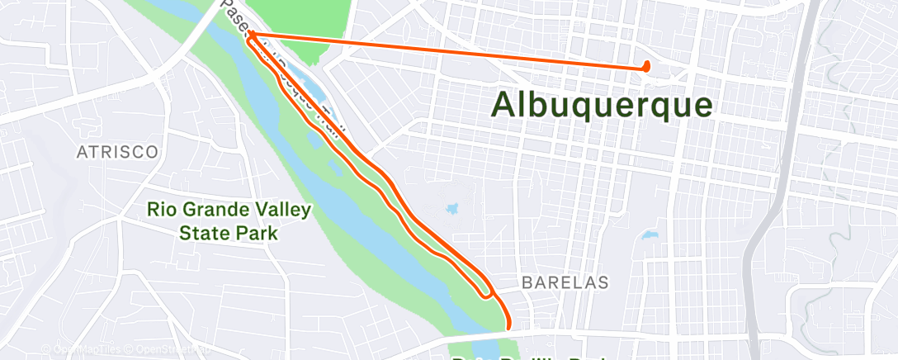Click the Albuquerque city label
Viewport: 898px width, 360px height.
coord(603,105)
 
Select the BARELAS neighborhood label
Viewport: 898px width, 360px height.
coord(565,282)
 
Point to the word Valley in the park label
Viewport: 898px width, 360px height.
coord(284,210)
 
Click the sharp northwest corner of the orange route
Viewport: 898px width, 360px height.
coord(248,34)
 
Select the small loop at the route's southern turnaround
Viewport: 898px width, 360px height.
coord(487,291)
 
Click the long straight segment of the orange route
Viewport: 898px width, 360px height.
coord(446,50)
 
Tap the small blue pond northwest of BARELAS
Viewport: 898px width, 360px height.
coord(452,209)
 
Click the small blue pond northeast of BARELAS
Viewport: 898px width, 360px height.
coord(649,235)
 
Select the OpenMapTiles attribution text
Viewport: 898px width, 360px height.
coord(83,350)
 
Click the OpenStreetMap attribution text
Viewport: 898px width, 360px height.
coord(165,350)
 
